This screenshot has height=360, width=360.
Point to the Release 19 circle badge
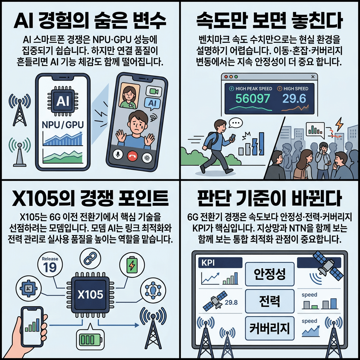pyautogui.click(x=50, y=264)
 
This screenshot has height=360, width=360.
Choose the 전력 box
pyautogui.click(x=269, y=301)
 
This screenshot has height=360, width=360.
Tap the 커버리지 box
pyautogui.click(x=269, y=328)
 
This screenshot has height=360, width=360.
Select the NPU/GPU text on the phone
pyautogui.click(x=62, y=124)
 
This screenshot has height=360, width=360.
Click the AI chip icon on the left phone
pyautogui.click(x=63, y=102)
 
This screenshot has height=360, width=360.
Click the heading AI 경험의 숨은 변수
pyautogui.click(x=90, y=21)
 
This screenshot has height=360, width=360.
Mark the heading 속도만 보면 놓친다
pyautogui.click(x=269, y=21)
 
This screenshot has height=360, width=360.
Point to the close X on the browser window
pyautogui.click(x=313, y=76)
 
